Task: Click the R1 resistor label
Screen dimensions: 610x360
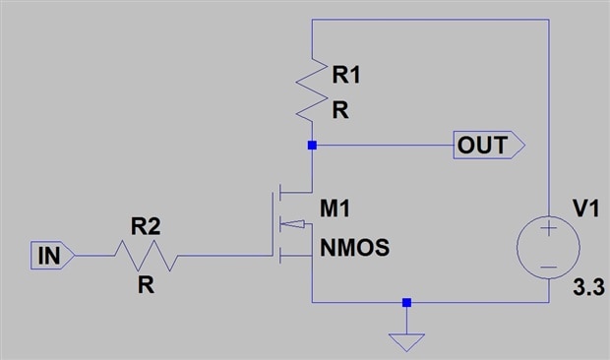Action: click(346, 75)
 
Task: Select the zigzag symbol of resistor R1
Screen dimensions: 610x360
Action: click(312, 90)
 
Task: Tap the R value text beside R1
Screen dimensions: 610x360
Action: click(340, 110)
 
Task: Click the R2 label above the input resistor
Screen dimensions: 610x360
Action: click(146, 226)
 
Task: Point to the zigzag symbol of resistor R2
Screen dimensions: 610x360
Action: click(147, 256)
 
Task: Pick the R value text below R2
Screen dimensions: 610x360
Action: click(146, 285)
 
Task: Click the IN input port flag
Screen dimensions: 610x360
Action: click(52, 256)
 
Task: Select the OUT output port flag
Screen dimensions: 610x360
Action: click(489, 145)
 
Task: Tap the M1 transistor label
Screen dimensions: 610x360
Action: click(335, 209)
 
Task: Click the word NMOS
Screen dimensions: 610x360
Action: click(354, 248)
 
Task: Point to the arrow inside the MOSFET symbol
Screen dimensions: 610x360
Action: click(292, 224)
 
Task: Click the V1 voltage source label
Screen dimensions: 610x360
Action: click(586, 209)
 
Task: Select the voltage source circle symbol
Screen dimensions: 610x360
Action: click(548, 216)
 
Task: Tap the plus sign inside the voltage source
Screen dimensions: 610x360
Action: click(549, 228)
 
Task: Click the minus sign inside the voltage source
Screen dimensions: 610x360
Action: click(549, 268)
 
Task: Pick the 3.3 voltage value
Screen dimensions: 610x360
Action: click(588, 287)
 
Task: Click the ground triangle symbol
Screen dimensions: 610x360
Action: click(406, 342)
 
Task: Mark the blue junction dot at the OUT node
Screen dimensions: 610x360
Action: click(312, 145)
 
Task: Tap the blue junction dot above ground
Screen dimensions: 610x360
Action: click(406, 303)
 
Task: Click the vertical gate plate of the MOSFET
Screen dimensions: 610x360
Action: click(274, 224)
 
